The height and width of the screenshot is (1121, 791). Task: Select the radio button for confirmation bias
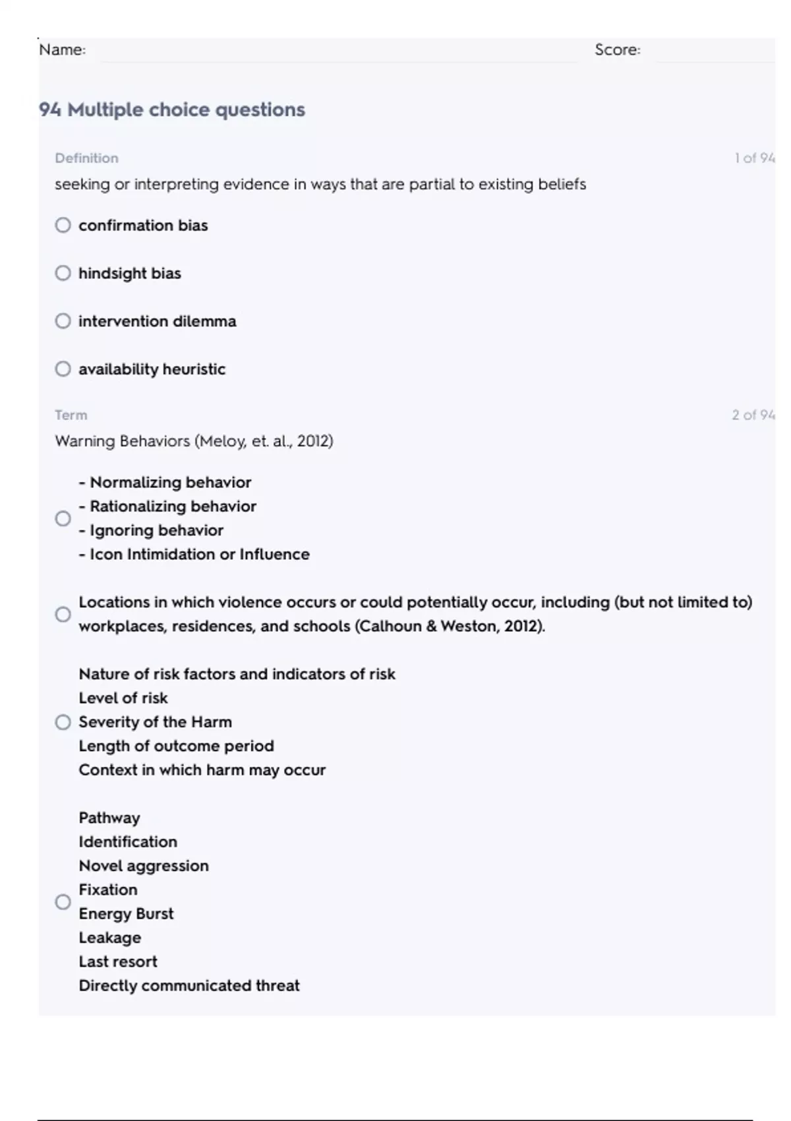63,226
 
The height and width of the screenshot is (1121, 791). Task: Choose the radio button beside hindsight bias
63,273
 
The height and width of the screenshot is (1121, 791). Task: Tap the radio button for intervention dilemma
63,321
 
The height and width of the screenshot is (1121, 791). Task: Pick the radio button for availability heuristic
63,369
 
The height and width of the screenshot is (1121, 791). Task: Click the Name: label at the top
62,50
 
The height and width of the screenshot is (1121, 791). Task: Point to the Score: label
617,50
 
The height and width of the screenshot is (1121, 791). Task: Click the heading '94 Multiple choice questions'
172,109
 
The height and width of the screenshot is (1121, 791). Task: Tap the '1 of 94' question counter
754,158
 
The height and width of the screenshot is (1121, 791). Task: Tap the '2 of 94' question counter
753,415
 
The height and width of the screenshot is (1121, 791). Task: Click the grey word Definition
86,158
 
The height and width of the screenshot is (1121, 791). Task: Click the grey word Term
71,415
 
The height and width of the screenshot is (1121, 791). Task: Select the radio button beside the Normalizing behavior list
63,518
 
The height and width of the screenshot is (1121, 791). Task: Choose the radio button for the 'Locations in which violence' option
63,615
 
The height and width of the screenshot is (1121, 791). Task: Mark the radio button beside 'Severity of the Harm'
63,722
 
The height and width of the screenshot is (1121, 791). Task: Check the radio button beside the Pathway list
63,901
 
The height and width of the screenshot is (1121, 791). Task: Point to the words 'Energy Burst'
126,914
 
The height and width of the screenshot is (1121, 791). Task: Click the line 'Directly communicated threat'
189,986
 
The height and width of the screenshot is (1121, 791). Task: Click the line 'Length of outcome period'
176,746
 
